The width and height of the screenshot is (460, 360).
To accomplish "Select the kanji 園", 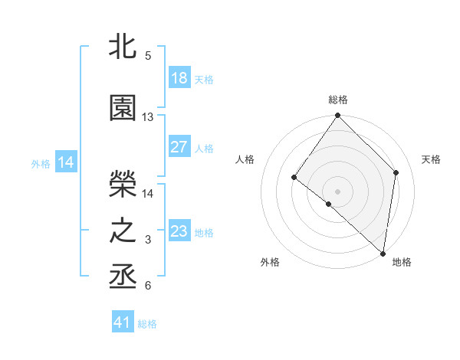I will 123,109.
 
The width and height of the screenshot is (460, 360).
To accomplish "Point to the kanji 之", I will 123,231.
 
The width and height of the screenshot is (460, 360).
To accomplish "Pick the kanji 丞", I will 123,277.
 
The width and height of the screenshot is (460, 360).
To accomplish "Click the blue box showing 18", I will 179,78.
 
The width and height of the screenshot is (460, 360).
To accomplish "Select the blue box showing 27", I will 179,147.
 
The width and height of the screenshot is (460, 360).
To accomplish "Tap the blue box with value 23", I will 179,231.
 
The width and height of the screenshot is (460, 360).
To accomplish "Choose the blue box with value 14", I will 65,162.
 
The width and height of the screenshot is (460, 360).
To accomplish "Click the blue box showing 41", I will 123,322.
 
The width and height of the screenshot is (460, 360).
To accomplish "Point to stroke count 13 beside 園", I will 148,117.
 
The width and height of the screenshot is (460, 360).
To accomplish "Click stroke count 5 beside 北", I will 148,56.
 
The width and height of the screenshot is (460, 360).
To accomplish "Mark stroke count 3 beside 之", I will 148,240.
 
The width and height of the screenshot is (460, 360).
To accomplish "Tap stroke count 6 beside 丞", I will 148,286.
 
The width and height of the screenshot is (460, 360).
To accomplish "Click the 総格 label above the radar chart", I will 338,100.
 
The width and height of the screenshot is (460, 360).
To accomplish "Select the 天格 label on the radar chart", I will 431,159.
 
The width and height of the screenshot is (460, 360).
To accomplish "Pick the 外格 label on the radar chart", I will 270,263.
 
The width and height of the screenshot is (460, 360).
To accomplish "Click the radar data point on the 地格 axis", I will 383,253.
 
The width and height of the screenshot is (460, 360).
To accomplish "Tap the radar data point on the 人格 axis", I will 294,178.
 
